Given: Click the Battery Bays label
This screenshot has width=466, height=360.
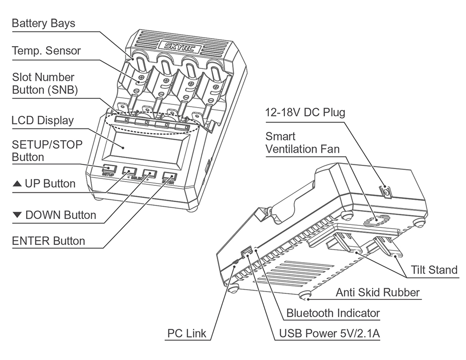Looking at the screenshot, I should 43,23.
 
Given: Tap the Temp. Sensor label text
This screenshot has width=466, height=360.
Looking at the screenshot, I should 46,51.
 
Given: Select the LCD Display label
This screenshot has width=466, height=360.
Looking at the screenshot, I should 42,120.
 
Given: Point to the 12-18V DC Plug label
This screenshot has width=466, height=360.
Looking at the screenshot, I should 305,113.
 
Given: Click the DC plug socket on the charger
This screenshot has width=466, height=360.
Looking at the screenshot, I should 385,191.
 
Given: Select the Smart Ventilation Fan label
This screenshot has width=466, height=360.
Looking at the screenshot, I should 302,143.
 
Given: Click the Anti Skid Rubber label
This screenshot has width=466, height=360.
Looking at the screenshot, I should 377,292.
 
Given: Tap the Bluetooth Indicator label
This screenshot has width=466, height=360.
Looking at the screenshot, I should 333,313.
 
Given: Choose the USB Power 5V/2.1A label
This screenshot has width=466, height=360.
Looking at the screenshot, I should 329,333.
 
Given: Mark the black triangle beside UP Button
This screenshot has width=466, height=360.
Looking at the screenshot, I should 17,184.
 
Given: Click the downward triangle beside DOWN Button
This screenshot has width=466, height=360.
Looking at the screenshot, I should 17,215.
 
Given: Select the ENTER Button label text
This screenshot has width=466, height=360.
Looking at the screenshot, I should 48,241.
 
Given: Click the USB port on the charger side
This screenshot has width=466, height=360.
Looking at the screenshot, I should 245,253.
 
